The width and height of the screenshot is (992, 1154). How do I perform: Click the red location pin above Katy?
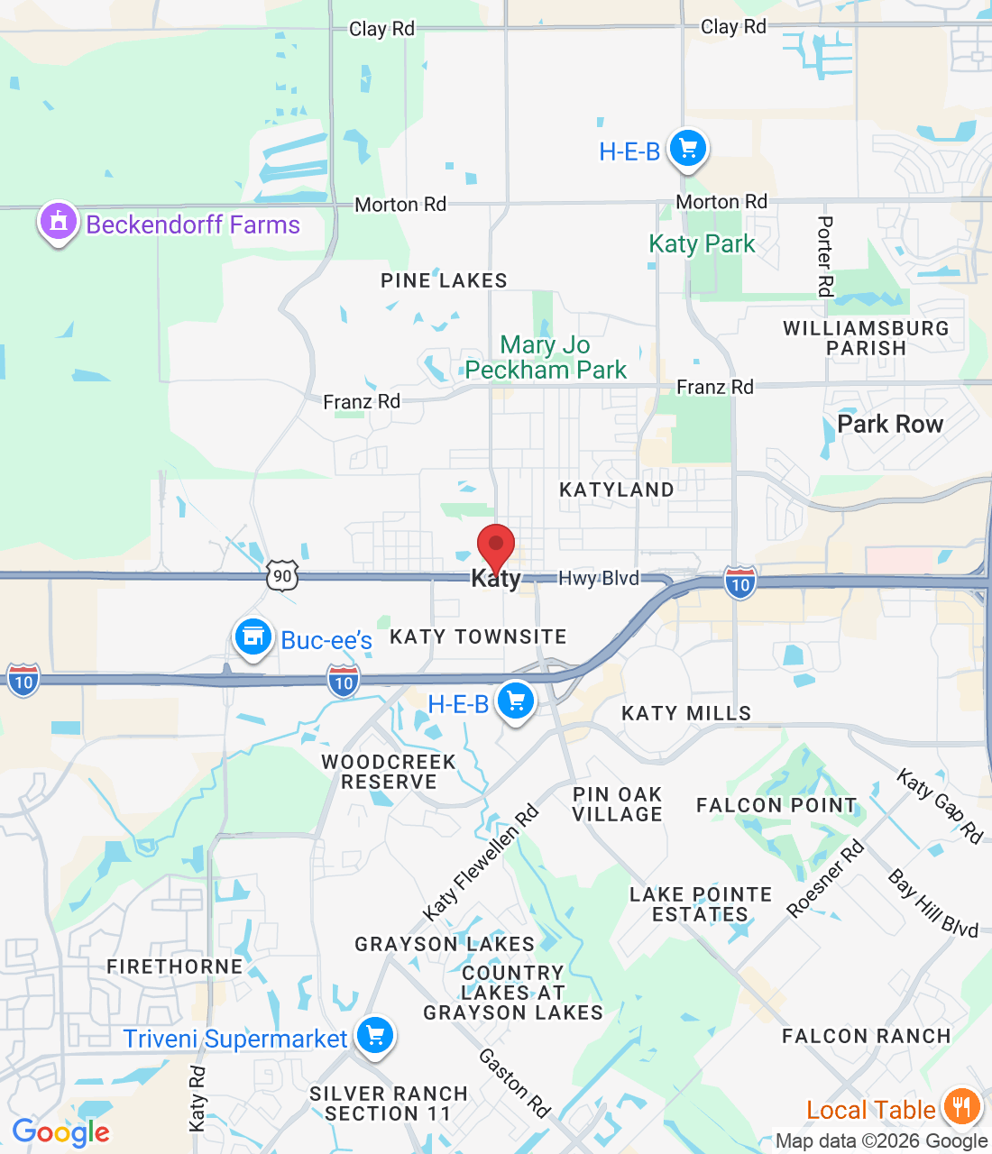click(x=495, y=546)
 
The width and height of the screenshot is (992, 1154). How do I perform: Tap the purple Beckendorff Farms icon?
click(x=59, y=222)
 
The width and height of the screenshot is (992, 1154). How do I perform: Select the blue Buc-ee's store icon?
click(x=253, y=637)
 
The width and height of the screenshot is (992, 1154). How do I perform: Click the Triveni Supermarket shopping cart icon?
click(x=375, y=1036)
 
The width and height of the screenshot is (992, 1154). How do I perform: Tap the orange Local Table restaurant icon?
click(x=961, y=1106)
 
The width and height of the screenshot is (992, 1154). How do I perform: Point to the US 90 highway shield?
click(x=282, y=575)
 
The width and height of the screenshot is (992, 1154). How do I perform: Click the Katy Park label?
click(x=702, y=244)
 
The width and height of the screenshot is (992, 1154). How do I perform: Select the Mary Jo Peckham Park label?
click(x=546, y=358)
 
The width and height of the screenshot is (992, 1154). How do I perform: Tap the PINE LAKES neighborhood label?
click(x=444, y=280)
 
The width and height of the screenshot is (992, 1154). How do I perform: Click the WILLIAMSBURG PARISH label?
click(x=866, y=338)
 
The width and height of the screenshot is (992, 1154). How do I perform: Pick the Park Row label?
click(x=890, y=424)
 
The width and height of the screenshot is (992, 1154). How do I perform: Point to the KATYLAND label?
click(x=617, y=490)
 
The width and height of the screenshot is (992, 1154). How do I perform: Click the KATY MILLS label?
click(x=686, y=713)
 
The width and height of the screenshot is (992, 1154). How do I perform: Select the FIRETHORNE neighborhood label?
click(x=175, y=966)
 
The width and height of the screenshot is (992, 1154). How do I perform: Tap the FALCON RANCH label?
click(x=866, y=1036)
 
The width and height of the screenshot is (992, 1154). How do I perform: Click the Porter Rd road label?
click(x=825, y=256)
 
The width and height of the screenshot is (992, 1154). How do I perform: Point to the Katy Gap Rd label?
click(x=940, y=805)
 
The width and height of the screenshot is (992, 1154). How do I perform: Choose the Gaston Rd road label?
click(x=514, y=1082)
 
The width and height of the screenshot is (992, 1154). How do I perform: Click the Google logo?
click(x=61, y=1132)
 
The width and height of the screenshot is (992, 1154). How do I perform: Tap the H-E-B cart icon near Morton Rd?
click(x=688, y=149)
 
